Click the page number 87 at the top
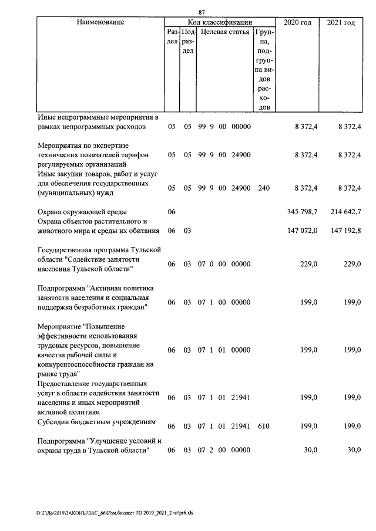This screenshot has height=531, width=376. tap(202, 12)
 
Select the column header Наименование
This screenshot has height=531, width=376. tap(100, 22)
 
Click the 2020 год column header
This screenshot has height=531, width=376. tap(298, 22)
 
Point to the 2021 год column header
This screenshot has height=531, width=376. tap(341, 22)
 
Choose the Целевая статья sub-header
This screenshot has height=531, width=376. tap(225, 32)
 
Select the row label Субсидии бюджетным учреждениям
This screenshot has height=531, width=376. tap(96, 421)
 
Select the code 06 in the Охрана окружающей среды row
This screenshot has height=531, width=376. tap(172, 211)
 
